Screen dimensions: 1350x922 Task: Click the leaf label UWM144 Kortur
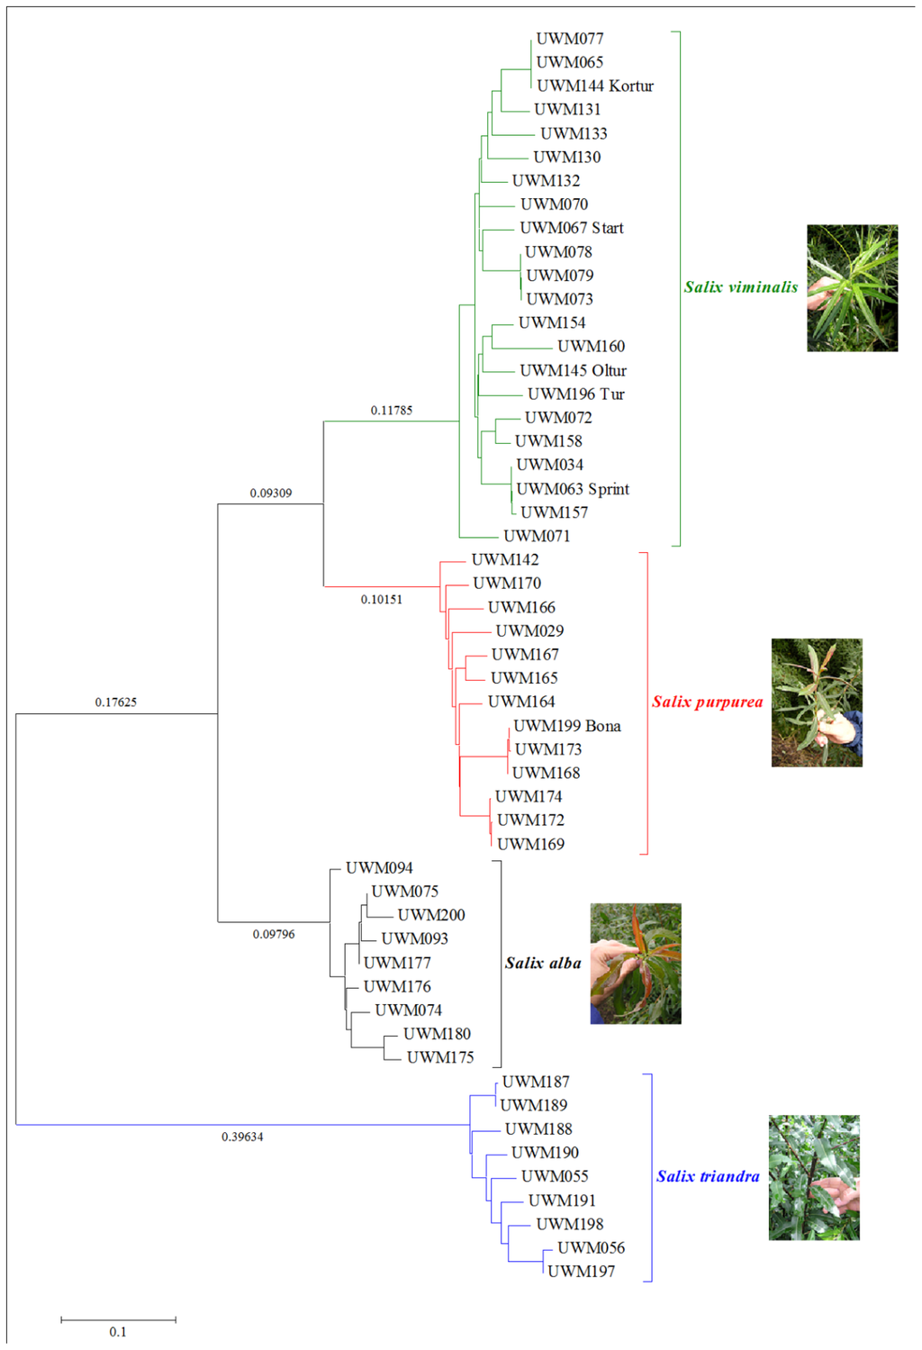[x=595, y=86]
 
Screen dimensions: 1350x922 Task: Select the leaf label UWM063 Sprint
[x=573, y=489]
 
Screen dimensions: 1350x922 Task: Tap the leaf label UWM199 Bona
[x=567, y=726]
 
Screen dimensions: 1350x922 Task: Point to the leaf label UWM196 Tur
[x=576, y=394]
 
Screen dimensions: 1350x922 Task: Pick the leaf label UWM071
[x=537, y=536]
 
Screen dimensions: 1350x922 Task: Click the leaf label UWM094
[x=379, y=868]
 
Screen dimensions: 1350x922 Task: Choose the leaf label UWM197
[x=582, y=1272]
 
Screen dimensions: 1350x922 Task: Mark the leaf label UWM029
[x=529, y=631]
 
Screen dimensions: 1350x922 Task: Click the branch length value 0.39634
[x=242, y=1137]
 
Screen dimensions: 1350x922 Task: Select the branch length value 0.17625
[x=116, y=702]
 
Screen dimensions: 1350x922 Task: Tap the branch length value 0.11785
[x=392, y=411]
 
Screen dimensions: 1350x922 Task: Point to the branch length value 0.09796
[x=274, y=935]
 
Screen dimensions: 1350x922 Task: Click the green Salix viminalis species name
[x=741, y=287]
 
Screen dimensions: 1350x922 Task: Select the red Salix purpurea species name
[x=708, y=702]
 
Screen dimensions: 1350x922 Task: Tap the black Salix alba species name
[x=543, y=964]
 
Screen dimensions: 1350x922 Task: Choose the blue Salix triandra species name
[x=708, y=1177]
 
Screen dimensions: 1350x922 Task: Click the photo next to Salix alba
[x=636, y=964]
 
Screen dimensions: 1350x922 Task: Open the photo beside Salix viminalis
[x=852, y=288]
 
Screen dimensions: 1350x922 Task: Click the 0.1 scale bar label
[x=118, y=1332]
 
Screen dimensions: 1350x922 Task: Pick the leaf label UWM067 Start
[x=572, y=228]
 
